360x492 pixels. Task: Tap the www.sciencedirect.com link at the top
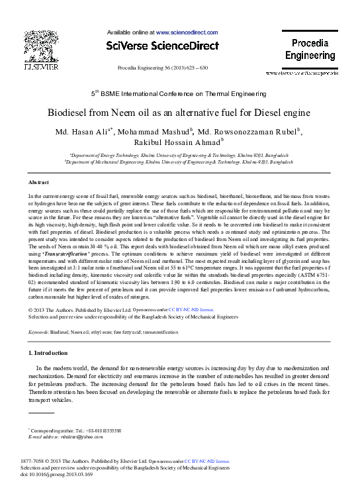[x=187, y=32]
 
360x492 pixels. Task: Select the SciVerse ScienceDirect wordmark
[x=162, y=45]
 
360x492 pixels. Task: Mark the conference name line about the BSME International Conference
[x=179, y=93]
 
